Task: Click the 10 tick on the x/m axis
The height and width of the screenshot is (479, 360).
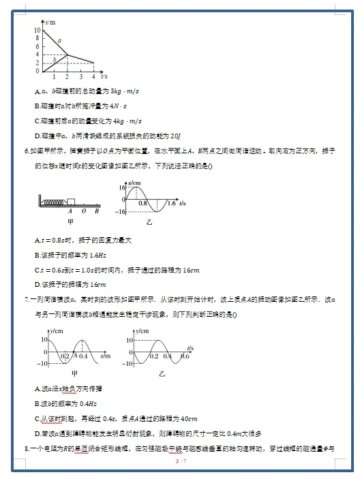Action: (37, 31)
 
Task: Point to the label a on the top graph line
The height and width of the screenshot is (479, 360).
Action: (60, 41)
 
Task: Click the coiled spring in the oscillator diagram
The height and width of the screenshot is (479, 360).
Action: (53, 202)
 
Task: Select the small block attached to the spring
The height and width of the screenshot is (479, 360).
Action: (71, 201)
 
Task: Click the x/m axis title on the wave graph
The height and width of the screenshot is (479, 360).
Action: (105, 356)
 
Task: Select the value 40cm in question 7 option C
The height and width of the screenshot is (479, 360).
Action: (187, 418)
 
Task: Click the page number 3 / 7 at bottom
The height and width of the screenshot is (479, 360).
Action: (180, 462)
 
